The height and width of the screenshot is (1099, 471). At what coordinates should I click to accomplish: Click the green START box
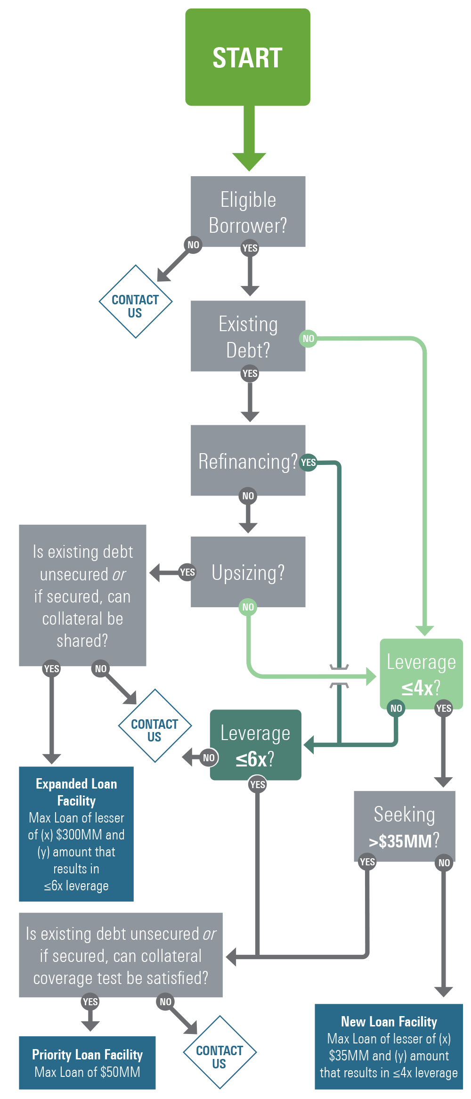248,57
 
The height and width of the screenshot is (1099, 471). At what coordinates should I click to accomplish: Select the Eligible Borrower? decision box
248,211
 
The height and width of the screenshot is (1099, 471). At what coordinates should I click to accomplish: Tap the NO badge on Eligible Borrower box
193,245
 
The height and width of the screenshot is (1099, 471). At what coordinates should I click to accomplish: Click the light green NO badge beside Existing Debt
308,338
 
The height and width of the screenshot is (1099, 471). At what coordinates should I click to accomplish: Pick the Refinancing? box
248,461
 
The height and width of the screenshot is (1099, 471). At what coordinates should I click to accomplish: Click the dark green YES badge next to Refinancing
308,463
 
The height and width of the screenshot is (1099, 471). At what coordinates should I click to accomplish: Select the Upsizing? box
248,572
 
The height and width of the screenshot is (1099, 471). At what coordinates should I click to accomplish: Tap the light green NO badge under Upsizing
248,607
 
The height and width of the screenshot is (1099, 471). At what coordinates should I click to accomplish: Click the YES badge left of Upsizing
187,572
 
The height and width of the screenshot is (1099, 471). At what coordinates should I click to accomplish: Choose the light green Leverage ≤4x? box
421,674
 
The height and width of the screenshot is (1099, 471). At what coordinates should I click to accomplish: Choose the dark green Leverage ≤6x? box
255,745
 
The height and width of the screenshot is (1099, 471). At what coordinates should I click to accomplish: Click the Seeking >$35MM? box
404,826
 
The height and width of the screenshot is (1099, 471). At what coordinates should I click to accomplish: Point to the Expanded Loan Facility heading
76,792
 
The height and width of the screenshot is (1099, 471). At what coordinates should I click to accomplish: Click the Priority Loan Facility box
87,1062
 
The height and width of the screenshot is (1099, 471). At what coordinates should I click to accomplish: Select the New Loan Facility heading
389,1021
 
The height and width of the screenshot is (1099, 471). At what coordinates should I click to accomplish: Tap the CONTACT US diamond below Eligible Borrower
135,301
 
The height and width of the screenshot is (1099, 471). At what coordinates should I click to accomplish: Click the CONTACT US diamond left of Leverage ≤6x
154,726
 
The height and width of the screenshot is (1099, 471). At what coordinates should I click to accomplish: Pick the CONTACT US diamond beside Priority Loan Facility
219,1052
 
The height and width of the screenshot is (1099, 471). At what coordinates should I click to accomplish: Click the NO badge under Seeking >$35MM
444,863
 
